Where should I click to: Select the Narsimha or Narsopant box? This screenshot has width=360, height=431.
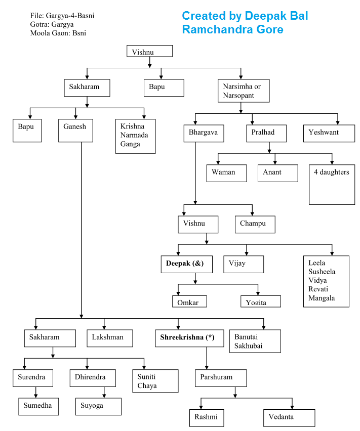244,91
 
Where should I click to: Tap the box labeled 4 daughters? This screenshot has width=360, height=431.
332,184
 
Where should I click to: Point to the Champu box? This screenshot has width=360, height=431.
255,224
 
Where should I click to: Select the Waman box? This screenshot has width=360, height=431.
226,173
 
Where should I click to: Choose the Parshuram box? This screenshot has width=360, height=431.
221,378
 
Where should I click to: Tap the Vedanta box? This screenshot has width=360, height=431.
289,418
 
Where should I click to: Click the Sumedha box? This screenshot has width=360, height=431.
37,406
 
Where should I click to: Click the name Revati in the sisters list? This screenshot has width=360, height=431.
317,289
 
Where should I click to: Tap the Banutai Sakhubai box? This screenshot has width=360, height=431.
254,341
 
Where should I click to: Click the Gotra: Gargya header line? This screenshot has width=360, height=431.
52,24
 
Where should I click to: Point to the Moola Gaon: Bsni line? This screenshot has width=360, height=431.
61,33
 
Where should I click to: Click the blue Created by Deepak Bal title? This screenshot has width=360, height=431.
245,16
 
